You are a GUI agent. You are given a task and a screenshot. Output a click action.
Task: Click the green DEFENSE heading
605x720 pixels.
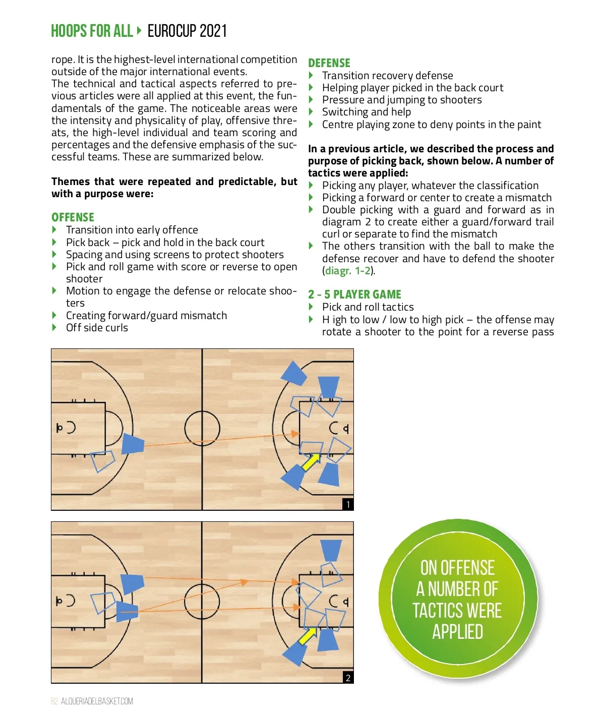(x=329, y=63)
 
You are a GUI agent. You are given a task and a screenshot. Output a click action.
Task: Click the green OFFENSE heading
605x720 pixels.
(x=73, y=217)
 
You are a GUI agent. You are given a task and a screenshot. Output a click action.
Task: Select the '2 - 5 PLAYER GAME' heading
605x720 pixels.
(x=354, y=294)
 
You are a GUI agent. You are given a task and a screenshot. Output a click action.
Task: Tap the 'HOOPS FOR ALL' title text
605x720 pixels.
(x=92, y=31)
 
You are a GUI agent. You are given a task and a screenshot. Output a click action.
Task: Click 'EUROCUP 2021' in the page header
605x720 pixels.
(x=187, y=31)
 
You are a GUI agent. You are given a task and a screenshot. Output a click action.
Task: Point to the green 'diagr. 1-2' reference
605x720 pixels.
(x=348, y=271)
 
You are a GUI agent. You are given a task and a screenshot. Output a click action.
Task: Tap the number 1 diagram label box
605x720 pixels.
(x=348, y=505)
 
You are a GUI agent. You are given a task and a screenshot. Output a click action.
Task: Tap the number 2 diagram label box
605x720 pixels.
(x=348, y=678)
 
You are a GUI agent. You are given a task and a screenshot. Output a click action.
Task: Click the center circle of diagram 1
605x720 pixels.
(x=202, y=411)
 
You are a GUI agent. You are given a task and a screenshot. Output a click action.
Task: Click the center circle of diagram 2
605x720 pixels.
(x=202, y=584)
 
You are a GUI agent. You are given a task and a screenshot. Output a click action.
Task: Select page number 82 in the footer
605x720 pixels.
(x=54, y=701)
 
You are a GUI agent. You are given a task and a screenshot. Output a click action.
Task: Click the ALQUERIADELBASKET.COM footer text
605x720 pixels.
(x=97, y=701)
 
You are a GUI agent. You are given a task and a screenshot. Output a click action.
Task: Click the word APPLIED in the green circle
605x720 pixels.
(x=457, y=632)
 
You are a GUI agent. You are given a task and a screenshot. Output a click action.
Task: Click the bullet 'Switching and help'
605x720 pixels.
(x=367, y=112)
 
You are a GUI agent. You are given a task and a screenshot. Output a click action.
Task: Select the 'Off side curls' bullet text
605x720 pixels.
(x=97, y=327)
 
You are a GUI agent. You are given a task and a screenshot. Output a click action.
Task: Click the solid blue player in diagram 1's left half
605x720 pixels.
(x=133, y=444)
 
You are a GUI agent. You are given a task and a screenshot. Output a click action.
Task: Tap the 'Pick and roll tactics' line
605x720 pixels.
(x=368, y=307)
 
